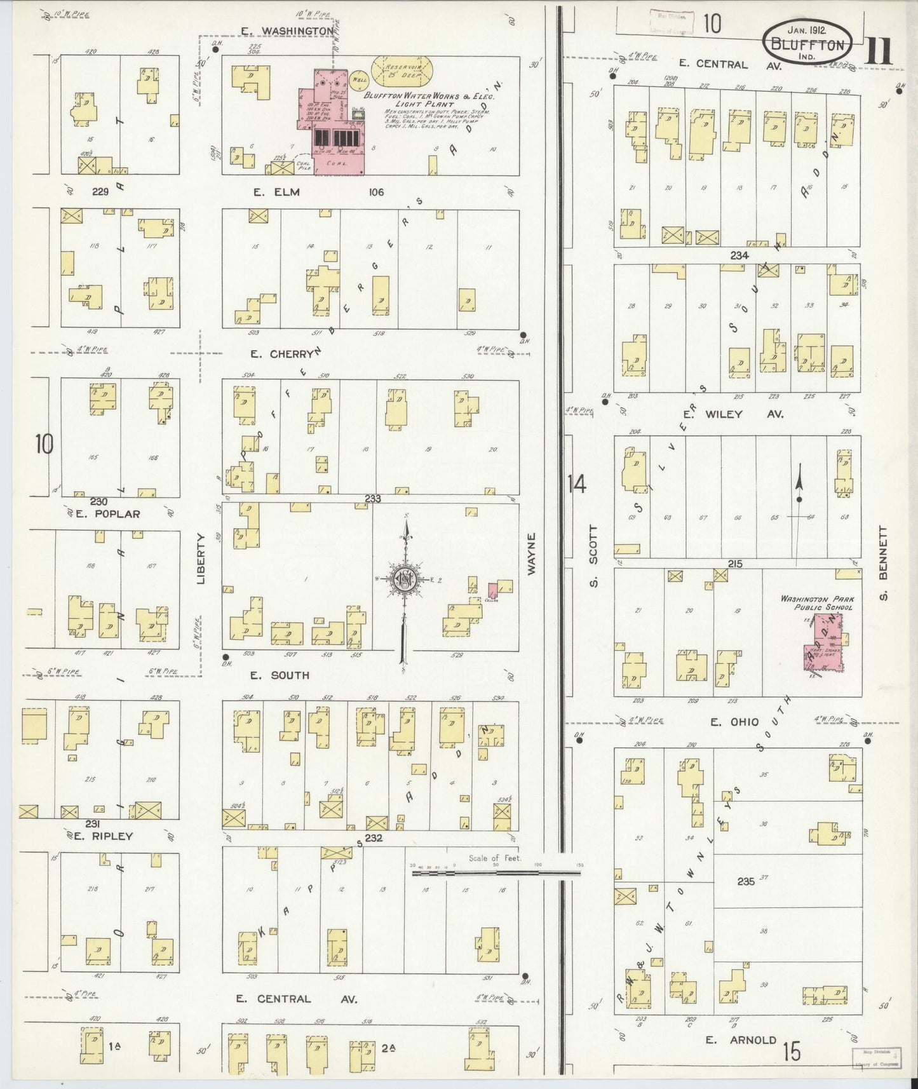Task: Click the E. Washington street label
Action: (x=288, y=30)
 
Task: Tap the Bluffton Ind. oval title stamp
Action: (x=807, y=43)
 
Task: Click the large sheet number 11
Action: (x=880, y=51)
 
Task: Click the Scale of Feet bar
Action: (x=496, y=873)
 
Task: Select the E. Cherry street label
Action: (x=280, y=354)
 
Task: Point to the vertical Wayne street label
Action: (x=531, y=554)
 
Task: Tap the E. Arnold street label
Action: (x=741, y=1039)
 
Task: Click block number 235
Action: (x=746, y=881)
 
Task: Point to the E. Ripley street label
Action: (x=103, y=835)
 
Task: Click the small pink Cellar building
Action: (x=492, y=589)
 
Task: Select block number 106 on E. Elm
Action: (x=375, y=192)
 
